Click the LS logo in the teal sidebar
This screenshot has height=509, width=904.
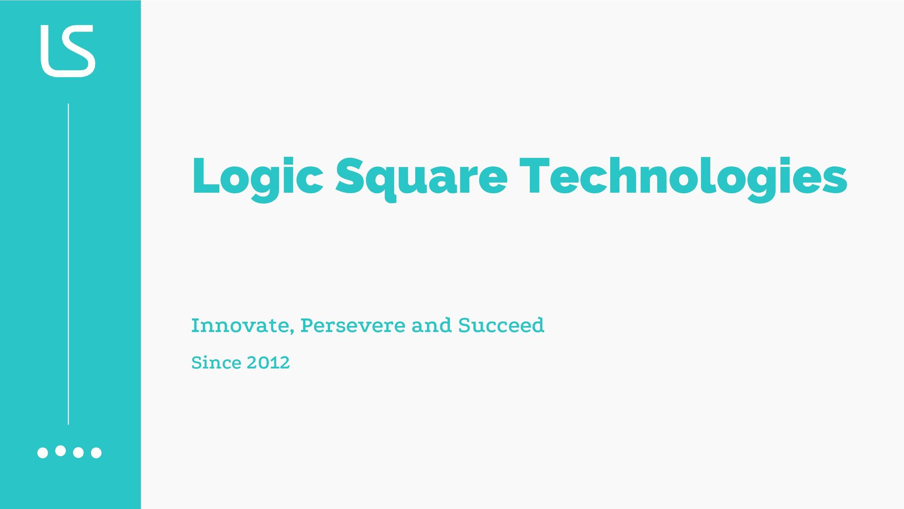(68, 51)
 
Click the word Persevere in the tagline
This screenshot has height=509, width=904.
(353, 325)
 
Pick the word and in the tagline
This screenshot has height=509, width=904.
(431, 325)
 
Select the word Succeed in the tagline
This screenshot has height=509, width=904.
(501, 325)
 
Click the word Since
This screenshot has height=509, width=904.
(216, 362)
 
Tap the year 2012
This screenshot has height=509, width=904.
(268, 362)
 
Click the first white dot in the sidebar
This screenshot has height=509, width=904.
(42, 453)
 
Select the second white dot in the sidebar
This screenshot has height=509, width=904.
(60, 451)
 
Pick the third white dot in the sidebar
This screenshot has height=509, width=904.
(78, 453)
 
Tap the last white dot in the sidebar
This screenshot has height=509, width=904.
(96, 453)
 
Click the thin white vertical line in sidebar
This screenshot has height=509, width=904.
(68, 264)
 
